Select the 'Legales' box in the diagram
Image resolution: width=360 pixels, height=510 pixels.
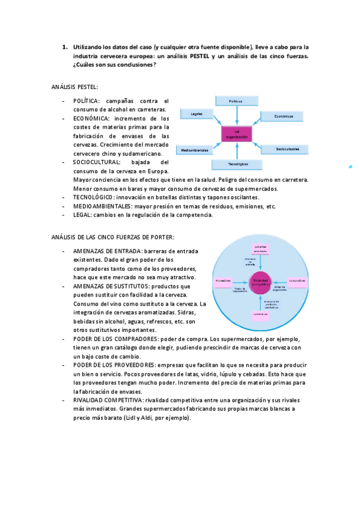[196, 114]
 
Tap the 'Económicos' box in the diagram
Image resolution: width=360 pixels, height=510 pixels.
[279, 116]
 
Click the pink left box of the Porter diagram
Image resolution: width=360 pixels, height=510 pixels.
[224, 280]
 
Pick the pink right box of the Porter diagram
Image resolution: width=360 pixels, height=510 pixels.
[297, 280]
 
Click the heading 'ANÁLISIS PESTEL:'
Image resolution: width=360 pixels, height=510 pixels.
[75, 88]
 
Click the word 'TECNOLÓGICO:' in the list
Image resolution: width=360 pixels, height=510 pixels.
[94, 197]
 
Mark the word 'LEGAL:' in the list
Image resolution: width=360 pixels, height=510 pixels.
[83, 215]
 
